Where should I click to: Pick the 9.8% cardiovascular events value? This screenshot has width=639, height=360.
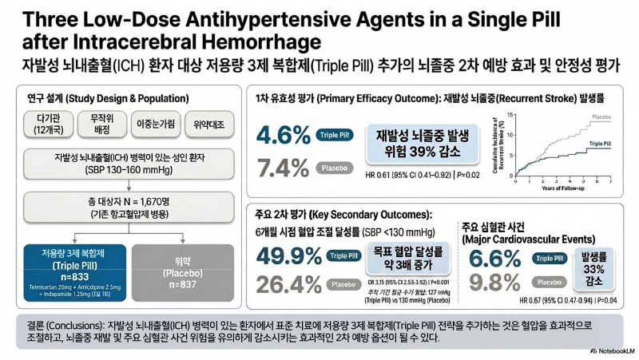[x=494, y=282]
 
